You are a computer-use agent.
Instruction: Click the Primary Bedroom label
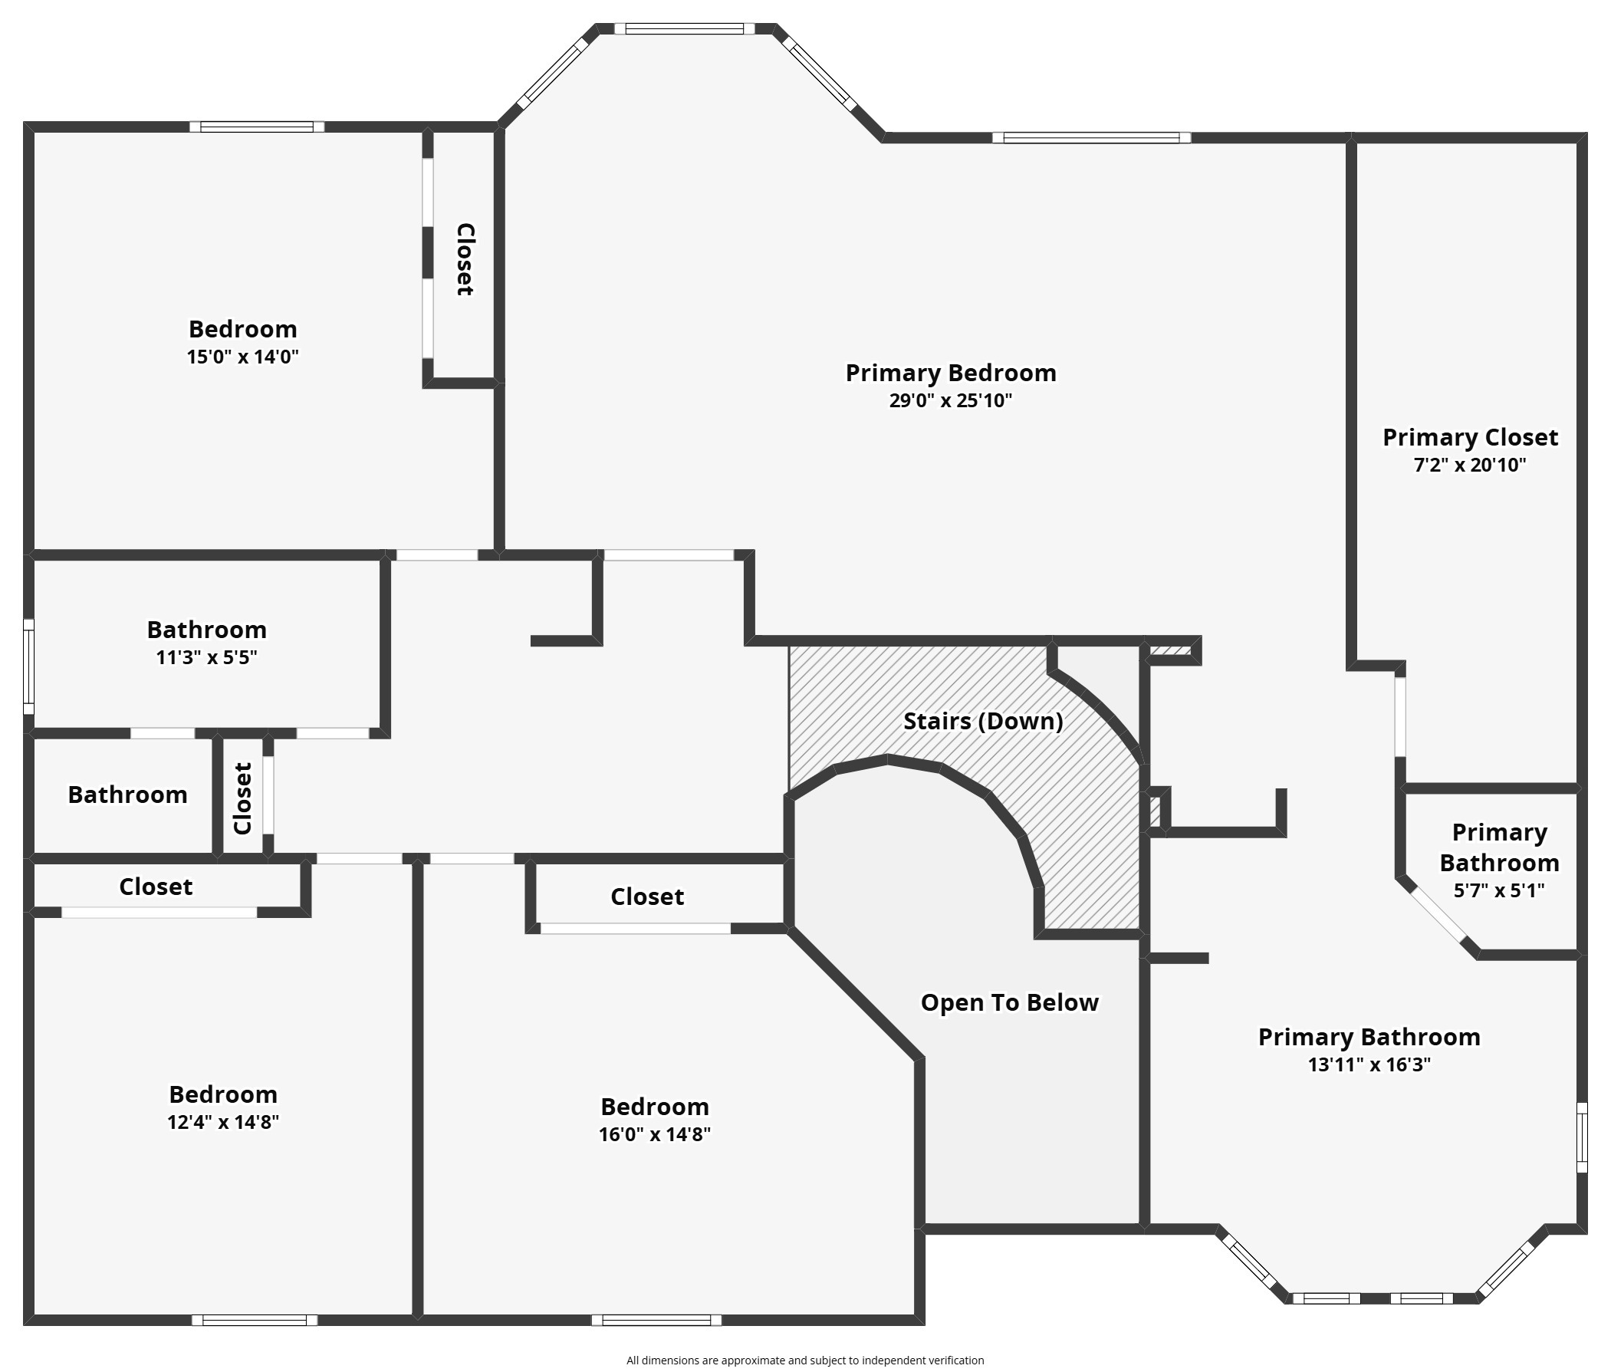[950, 373]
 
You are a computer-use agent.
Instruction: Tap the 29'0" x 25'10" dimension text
[950, 401]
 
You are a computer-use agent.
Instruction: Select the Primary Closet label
[1469, 438]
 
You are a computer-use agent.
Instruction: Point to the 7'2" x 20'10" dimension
[1469, 465]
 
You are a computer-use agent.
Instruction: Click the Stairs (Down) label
[983, 721]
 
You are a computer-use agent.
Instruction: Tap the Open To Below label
[1009, 1002]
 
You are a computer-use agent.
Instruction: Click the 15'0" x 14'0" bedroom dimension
[242, 357]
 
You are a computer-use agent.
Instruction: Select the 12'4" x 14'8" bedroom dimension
[223, 1122]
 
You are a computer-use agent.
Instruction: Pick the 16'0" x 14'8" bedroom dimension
[655, 1135]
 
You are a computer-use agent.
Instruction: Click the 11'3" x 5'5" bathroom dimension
[206, 658]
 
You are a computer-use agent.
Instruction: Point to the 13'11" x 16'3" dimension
[1369, 1064]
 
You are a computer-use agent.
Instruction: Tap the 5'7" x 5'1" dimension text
[1499, 890]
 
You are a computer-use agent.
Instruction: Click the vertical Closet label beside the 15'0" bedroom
[464, 259]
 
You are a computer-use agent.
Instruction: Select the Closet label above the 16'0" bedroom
[647, 897]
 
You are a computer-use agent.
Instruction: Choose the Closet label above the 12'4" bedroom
[156, 887]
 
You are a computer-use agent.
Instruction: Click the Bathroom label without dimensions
[127, 794]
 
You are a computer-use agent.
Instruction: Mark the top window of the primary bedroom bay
[684, 30]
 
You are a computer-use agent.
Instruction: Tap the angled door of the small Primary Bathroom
[1438, 915]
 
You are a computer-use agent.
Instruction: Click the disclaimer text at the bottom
[804, 1360]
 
